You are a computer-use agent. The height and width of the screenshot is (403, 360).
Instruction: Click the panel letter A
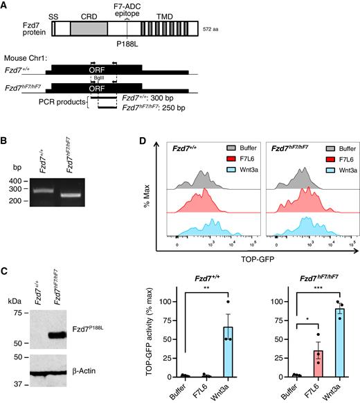[8, 6]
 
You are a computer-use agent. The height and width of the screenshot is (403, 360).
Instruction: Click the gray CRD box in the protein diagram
[89, 28]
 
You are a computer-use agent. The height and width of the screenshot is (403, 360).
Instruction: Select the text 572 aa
[212, 29]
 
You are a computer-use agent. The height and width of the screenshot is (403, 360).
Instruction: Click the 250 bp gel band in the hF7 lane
[87, 195]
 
